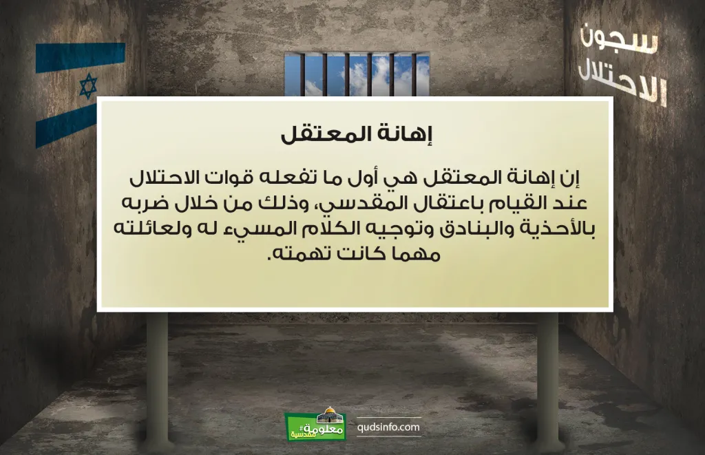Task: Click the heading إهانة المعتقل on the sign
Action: click(x=356, y=134)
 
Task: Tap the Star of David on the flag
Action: click(x=88, y=86)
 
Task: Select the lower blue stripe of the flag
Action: click(x=66, y=127)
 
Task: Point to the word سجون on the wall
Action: click(x=619, y=39)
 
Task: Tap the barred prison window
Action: click(x=357, y=74)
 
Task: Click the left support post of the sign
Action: click(x=157, y=378)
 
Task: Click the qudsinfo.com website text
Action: click(x=388, y=427)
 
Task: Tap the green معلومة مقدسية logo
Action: click(x=315, y=425)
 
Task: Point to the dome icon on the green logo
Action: click(x=330, y=415)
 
